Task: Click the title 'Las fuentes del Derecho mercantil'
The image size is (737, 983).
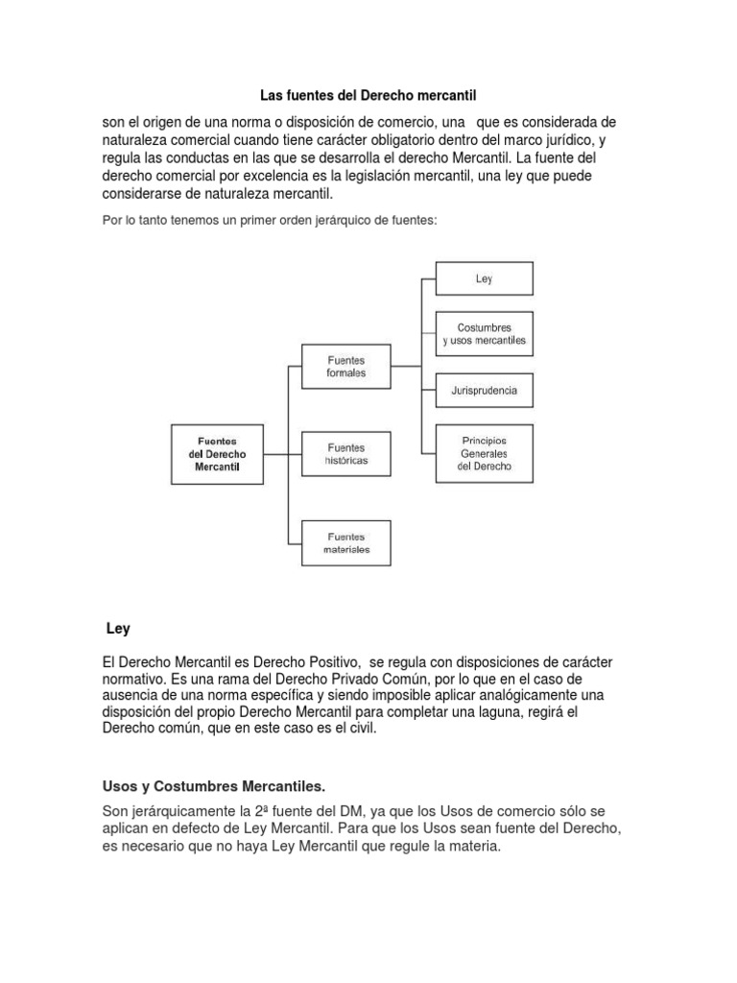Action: click(x=368, y=96)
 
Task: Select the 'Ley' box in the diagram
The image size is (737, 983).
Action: click(x=484, y=278)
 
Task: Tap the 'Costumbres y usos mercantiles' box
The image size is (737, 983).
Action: click(x=484, y=333)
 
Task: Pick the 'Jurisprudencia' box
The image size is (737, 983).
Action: click(x=484, y=391)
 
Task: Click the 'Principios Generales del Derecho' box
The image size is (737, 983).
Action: click(x=484, y=452)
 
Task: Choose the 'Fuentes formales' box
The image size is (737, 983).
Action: click(x=346, y=367)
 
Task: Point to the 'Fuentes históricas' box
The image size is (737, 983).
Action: click(x=346, y=453)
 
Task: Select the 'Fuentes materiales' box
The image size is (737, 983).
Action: click(x=346, y=542)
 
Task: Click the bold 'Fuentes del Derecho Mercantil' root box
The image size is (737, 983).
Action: click(x=217, y=453)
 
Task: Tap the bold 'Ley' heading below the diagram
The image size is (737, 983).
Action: click(x=117, y=630)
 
